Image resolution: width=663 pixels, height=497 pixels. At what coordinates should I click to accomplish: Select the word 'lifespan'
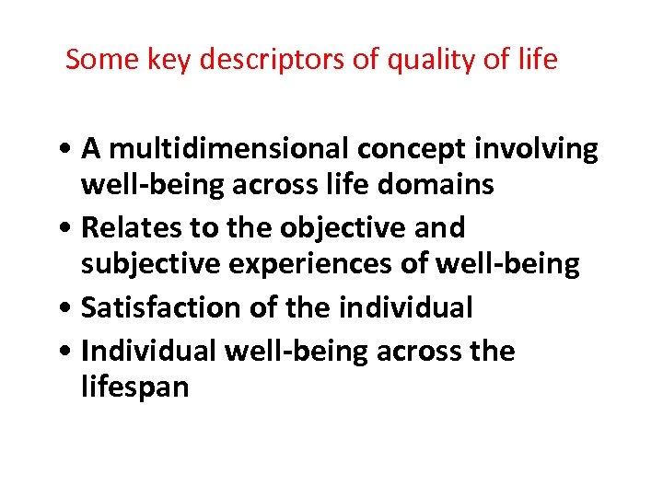(x=134, y=387)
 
